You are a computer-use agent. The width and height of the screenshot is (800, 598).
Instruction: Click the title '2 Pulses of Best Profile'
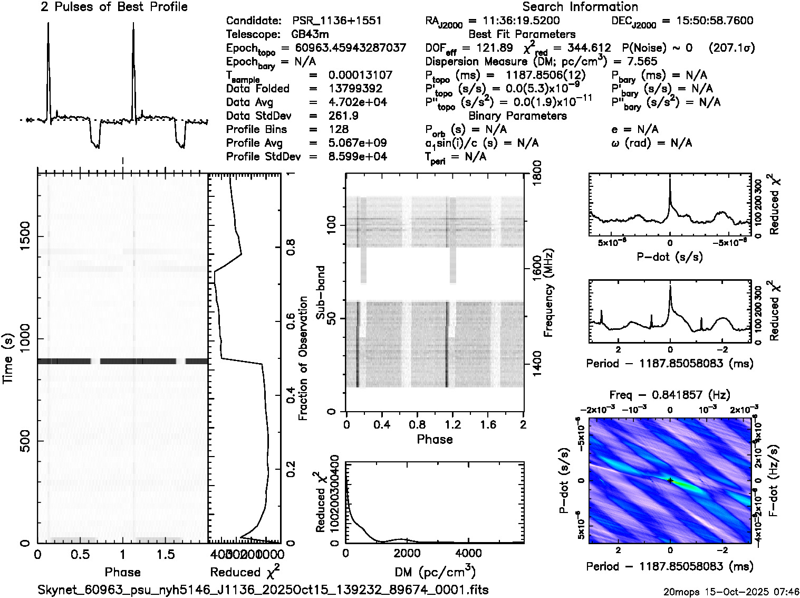click(x=114, y=7)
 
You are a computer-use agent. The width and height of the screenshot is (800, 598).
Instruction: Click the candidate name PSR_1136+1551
click(x=336, y=21)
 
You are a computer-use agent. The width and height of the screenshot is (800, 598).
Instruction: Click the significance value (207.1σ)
click(x=731, y=48)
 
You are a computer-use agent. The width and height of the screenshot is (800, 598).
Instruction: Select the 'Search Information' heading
click(x=580, y=7)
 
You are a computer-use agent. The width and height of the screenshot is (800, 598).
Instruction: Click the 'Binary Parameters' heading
click(x=517, y=116)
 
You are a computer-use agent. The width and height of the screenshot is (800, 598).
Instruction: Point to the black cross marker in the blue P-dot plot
click(x=670, y=480)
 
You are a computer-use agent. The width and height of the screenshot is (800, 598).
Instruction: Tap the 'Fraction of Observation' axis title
click(x=303, y=358)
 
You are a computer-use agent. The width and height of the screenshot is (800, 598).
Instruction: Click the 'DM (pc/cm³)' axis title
click(x=435, y=572)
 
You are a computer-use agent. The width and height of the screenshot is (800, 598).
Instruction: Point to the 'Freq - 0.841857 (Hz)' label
click(x=670, y=395)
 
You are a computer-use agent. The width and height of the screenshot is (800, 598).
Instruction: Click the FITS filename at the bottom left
click(x=263, y=590)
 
